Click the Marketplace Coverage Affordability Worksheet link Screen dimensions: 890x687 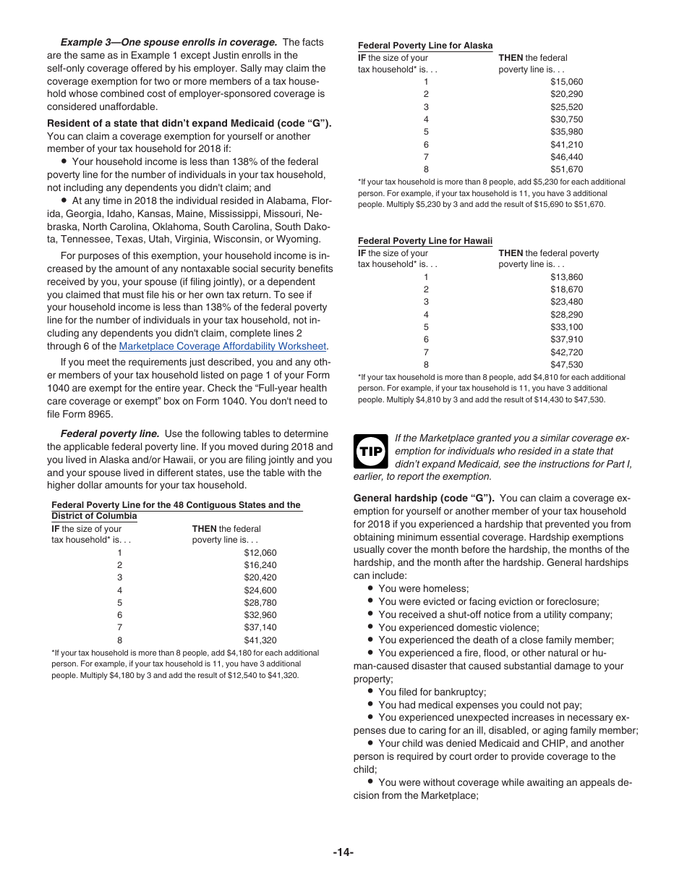tap(223, 347)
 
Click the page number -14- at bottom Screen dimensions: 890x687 tap(343, 852)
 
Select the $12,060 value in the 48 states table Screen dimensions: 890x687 tap(260, 553)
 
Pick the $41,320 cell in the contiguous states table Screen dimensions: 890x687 tap(260, 640)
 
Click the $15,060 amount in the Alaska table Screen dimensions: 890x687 tap(566, 82)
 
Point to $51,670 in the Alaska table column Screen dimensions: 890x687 tap(566, 169)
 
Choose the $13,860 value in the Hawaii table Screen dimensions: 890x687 tap(566, 277)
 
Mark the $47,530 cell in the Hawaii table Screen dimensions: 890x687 tap(566, 365)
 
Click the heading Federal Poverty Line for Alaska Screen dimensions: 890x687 tap(425, 46)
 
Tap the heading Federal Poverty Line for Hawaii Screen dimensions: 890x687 tap(425, 241)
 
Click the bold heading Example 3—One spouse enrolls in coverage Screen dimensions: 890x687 tap(168, 42)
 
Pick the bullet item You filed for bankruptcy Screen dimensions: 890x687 tap(432, 692)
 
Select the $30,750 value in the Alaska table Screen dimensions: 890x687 tap(566, 119)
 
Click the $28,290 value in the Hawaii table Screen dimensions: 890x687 tap(566, 315)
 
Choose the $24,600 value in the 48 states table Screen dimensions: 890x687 tap(260, 590)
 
